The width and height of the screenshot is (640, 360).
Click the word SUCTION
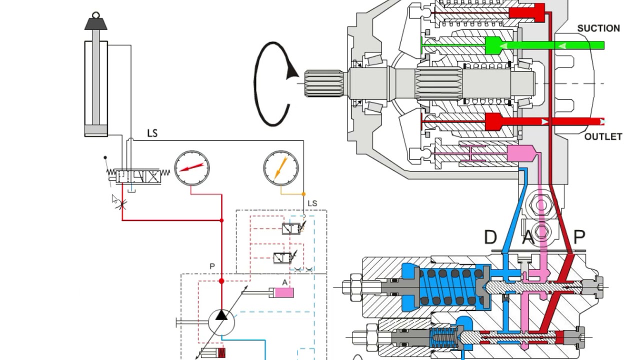(x=598, y=28)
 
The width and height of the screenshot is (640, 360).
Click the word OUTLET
(x=603, y=137)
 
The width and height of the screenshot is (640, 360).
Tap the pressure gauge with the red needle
(x=192, y=168)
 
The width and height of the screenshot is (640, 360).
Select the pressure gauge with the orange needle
(x=281, y=168)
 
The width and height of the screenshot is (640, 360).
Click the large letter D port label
(x=490, y=237)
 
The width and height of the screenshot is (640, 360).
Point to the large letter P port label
(x=579, y=237)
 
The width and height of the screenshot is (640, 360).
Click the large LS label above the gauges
(x=152, y=133)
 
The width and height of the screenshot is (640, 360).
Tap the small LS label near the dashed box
(x=312, y=203)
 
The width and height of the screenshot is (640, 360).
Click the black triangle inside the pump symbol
(x=221, y=315)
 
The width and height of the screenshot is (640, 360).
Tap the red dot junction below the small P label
(x=221, y=281)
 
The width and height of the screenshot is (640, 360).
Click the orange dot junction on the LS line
(x=303, y=194)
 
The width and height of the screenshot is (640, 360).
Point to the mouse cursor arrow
(x=114, y=199)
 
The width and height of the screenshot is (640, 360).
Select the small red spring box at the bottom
(x=221, y=353)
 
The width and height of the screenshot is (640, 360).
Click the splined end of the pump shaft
(x=324, y=83)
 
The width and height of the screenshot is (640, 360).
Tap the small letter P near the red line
(x=212, y=266)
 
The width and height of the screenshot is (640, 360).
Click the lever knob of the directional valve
(x=105, y=157)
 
